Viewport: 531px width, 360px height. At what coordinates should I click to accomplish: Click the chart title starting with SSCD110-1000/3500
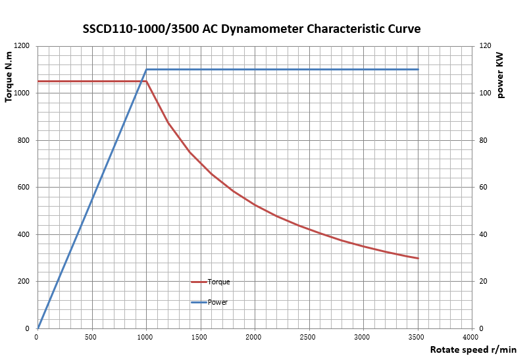pos(251,29)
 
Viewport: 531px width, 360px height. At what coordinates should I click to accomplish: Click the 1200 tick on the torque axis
pos(22,46)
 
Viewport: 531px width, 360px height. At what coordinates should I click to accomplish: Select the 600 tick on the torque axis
pos(24,188)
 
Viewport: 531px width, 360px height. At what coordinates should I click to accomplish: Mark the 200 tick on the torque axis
pos(24,282)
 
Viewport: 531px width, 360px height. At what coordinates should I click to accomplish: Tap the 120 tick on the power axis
pos(486,46)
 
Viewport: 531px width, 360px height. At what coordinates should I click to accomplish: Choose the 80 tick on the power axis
pos(484,140)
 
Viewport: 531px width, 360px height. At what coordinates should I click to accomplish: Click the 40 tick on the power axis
pos(484,234)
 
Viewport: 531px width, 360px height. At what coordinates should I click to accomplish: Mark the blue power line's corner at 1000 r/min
pos(146,69)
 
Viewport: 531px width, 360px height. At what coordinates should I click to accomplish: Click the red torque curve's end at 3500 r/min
pos(418,258)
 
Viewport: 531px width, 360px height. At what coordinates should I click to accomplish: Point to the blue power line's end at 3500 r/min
pos(418,69)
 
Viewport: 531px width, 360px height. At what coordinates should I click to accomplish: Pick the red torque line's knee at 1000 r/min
pos(146,81)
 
